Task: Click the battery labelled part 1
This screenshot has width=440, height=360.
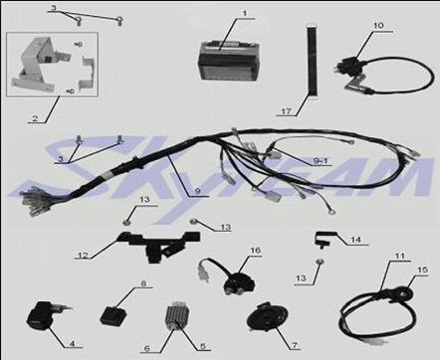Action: point(229,60)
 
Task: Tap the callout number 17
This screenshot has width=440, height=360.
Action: point(286,111)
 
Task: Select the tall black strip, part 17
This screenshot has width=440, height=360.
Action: point(312,62)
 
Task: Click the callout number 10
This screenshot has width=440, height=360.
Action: point(378,26)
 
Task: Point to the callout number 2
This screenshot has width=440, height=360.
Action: point(35,118)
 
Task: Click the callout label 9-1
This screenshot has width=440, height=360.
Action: point(321,161)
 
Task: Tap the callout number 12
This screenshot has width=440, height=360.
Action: point(83,256)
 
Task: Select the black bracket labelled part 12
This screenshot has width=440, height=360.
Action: point(159,246)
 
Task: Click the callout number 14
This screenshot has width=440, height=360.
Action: point(355,239)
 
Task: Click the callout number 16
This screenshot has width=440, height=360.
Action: point(256,251)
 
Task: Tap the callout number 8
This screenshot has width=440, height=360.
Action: point(143,283)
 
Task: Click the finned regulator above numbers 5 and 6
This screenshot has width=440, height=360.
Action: point(177,315)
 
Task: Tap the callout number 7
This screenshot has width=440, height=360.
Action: point(295,345)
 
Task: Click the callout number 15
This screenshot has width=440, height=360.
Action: point(422,270)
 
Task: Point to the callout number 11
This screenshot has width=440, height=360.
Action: point(400,257)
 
